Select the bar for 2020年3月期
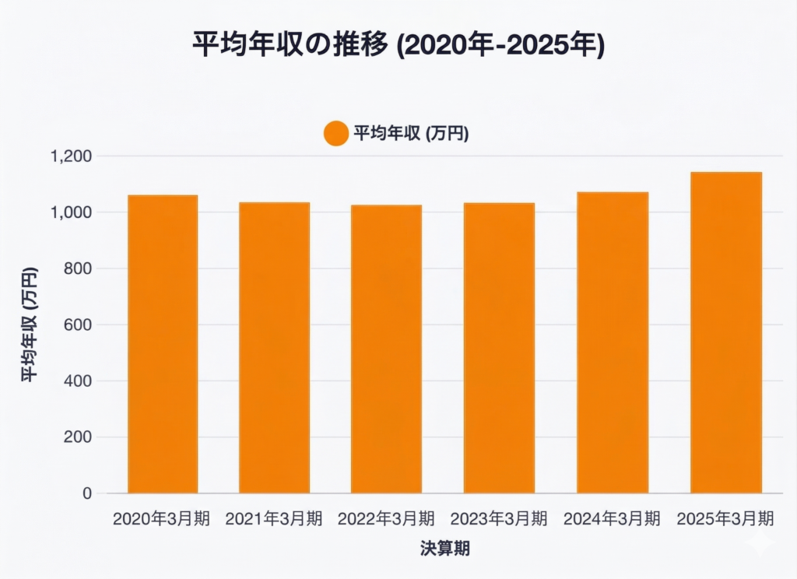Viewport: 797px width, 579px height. pos(163,344)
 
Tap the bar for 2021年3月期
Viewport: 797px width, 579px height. pos(274,348)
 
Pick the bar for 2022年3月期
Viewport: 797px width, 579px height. pos(386,349)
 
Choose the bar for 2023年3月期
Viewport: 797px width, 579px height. pos(499,348)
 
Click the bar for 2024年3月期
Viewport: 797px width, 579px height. pos(613,342)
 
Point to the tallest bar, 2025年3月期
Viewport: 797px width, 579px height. pos(725,332)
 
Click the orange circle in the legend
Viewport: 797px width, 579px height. pos(336,133)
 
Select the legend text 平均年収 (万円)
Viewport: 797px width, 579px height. pos(411,133)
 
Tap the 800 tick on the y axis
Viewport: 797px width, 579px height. pos(79,268)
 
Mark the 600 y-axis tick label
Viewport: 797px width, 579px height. pos(79,325)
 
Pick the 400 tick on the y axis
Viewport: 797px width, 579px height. pos(79,381)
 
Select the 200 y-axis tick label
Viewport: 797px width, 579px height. pos(79,437)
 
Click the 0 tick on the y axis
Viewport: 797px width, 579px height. pos(87,493)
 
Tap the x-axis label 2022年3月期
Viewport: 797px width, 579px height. pos(386,518)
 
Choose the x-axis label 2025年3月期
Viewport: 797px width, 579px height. pos(725,518)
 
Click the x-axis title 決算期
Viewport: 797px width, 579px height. pos(444,549)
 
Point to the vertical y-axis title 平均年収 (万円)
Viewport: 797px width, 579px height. pos(28,325)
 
